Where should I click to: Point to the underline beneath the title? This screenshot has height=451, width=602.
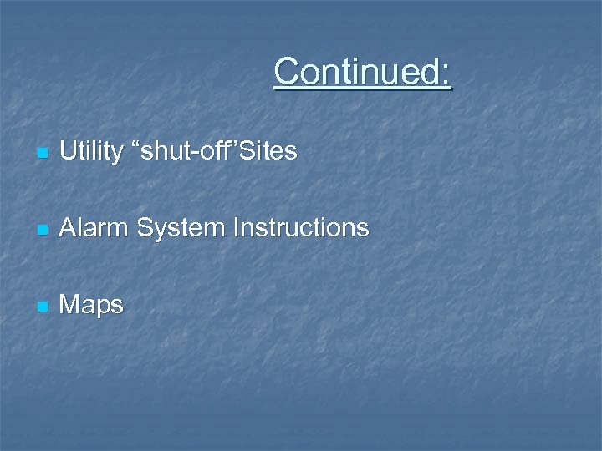tap(362, 89)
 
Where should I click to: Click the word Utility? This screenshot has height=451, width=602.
tap(89, 151)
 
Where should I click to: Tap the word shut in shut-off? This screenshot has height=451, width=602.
tap(161, 151)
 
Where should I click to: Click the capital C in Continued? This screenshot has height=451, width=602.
tap(287, 72)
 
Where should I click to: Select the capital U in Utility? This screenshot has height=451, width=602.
tap(69, 151)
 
